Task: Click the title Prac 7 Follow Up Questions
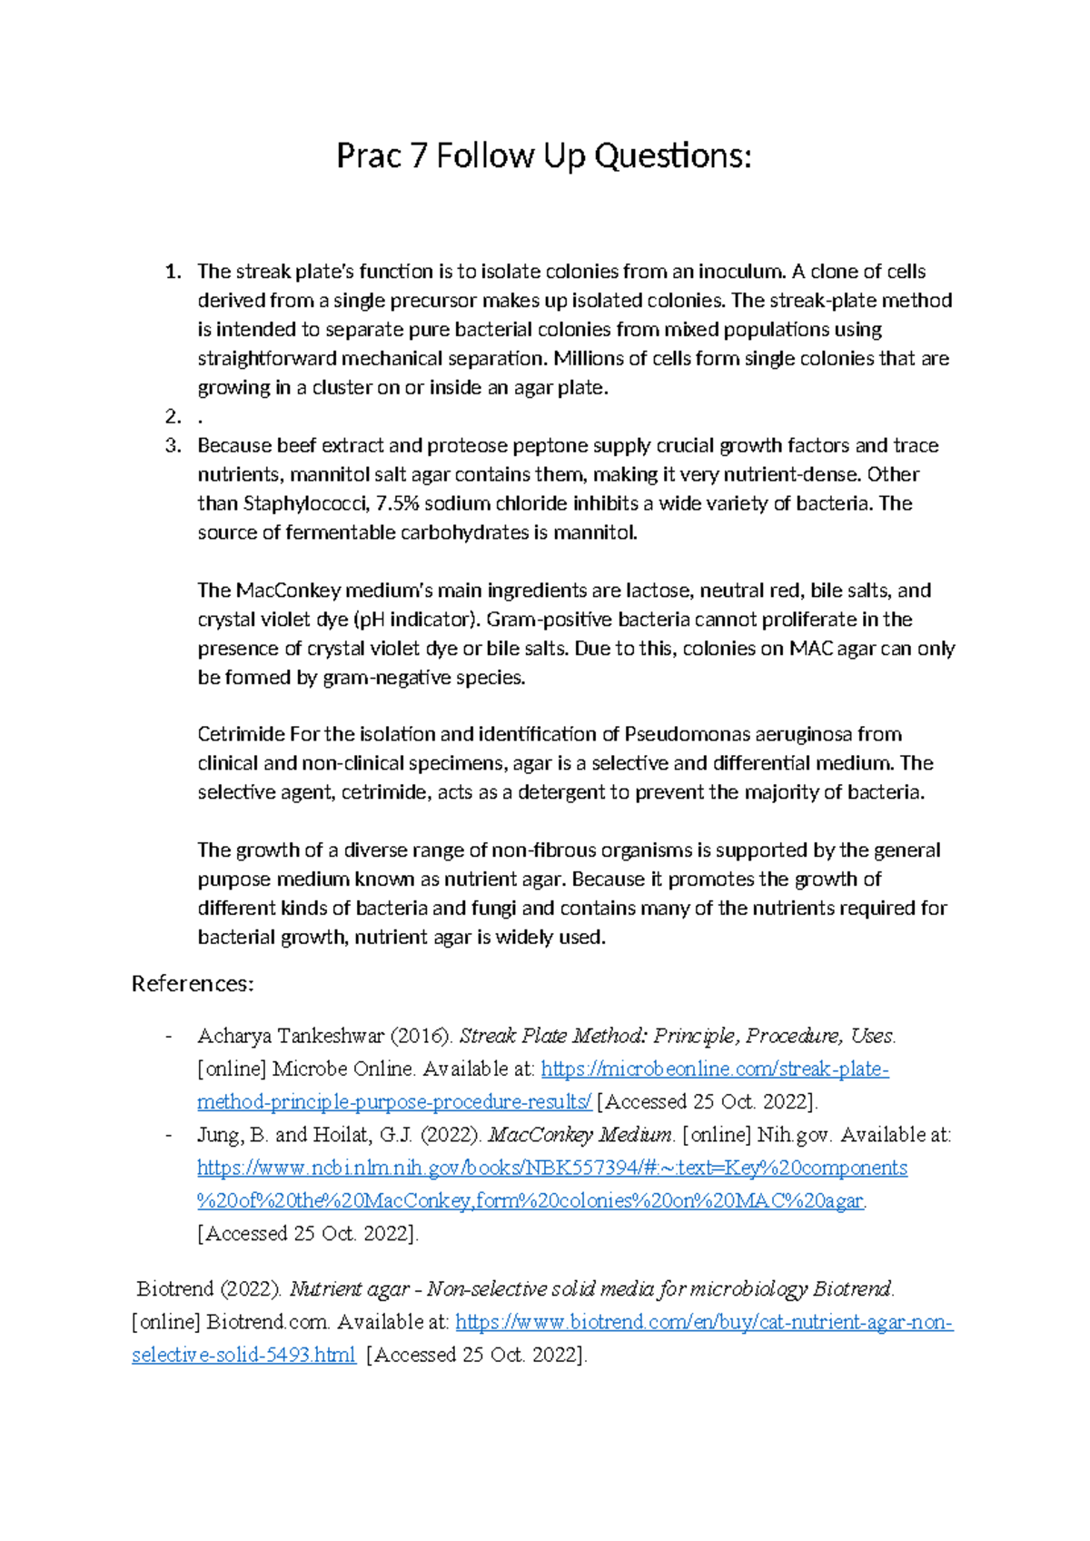pyautogui.click(x=543, y=156)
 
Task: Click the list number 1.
pyautogui.click(x=172, y=272)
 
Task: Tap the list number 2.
pyautogui.click(x=172, y=417)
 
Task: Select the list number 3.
pyautogui.click(x=172, y=446)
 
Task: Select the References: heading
pyautogui.click(x=193, y=984)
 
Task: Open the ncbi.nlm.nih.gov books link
pyautogui.click(x=551, y=1168)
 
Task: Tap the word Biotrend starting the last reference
pyautogui.click(x=174, y=1289)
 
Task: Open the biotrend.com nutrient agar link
pyautogui.click(x=703, y=1322)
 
